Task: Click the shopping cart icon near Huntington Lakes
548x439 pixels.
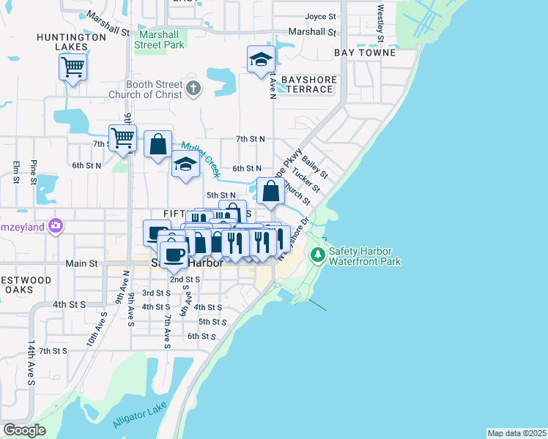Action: tap(73, 67)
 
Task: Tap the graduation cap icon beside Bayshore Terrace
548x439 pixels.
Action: tap(260, 60)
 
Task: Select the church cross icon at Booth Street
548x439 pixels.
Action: tap(193, 89)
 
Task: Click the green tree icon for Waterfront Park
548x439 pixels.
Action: tap(317, 255)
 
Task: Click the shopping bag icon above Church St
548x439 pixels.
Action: tap(270, 192)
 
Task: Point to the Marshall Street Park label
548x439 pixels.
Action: tap(159, 39)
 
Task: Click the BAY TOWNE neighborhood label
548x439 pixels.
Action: tap(365, 53)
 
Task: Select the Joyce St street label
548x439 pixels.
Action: tap(320, 16)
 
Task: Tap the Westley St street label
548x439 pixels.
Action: tap(380, 23)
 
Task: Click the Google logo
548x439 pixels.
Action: tap(24, 430)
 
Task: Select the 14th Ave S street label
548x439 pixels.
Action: tap(32, 359)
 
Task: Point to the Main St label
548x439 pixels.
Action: tap(81, 263)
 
